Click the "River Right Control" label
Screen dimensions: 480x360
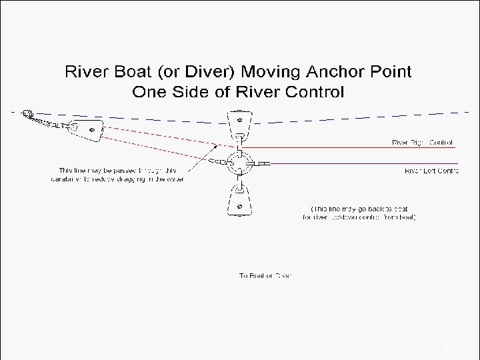(x=422, y=142)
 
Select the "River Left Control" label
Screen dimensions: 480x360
(x=431, y=171)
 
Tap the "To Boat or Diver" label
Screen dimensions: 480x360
(x=265, y=275)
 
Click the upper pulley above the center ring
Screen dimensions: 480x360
(x=238, y=127)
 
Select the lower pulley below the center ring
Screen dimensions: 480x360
(x=238, y=199)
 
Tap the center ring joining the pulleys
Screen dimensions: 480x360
(x=238, y=163)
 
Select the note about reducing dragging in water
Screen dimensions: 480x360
(x=117, y=175)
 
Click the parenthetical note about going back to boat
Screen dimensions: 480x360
(x=359, y=213)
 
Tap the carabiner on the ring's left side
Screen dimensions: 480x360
(x=215, y=162)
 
